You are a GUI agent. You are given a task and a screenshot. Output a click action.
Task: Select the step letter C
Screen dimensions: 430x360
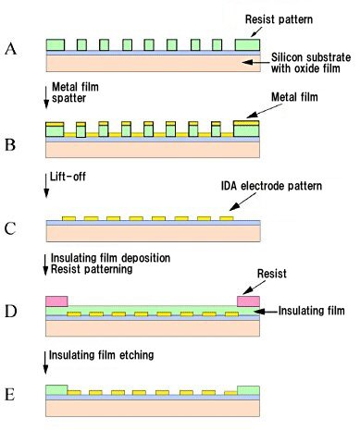click(11, 224)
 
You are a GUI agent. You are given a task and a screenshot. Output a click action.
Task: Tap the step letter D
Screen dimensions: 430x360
click(11, 308)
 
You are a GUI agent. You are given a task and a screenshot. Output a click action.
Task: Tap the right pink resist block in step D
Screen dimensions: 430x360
click(249, 301)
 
